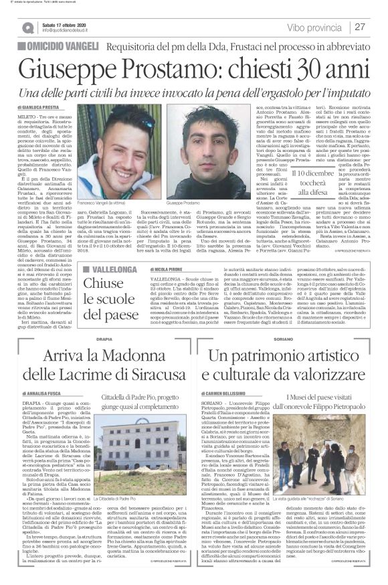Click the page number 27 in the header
[x=359, y=27]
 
